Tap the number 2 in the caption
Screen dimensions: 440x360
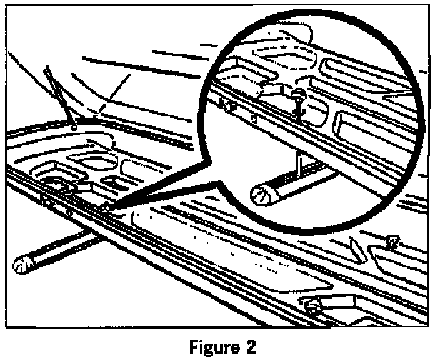[249, 346]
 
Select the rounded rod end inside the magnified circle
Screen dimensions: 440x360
[262, 195]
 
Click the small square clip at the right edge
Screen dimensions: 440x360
[392, 240]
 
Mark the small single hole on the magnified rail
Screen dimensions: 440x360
[252, 117]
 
